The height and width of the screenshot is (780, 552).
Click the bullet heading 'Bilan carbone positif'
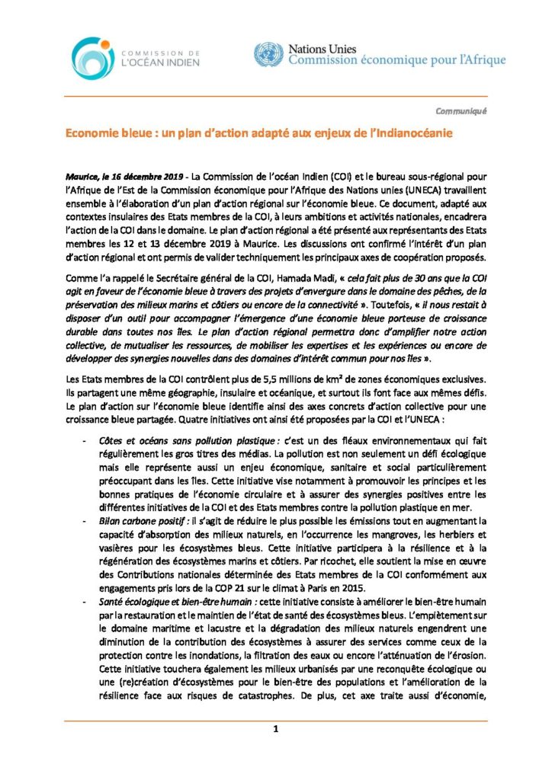[x=143, y=520]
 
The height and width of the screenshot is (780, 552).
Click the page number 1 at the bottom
[x=275, y=729]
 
